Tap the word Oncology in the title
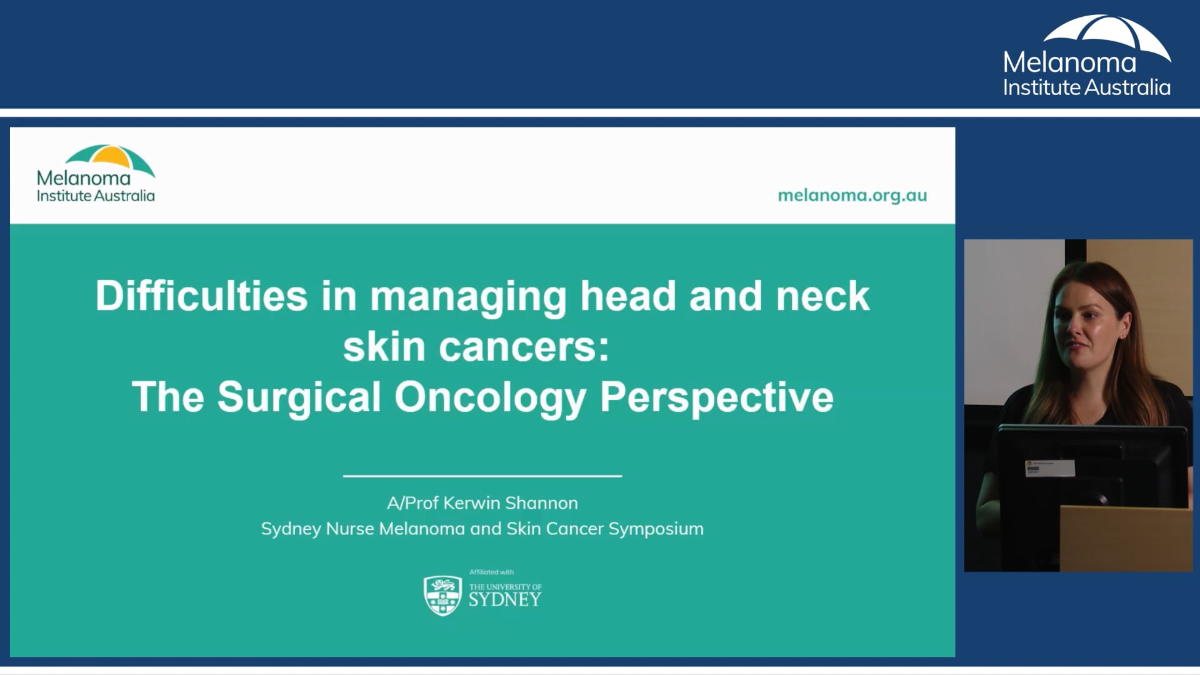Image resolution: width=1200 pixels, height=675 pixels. (490, 397)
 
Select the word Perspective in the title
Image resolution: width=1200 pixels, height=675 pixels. (716, 397)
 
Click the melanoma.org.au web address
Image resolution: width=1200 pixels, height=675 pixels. (852, 195)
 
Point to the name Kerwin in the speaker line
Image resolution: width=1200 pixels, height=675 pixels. (471, 502)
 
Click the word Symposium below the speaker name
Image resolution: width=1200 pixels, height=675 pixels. (656, 529)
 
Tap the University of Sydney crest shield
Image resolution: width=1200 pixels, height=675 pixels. (442, 596)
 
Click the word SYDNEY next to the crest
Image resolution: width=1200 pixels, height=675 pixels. (505, 600)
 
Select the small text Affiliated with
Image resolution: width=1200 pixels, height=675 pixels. (491, 572)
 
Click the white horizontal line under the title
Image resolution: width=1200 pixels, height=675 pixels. (482, 476)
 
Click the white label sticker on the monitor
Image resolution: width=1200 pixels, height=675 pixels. (1049, 467)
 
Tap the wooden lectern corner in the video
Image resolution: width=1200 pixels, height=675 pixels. (1125, 537)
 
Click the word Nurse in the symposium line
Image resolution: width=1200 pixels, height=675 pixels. (349, 529)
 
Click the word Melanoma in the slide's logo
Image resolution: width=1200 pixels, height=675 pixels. (84, 178)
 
